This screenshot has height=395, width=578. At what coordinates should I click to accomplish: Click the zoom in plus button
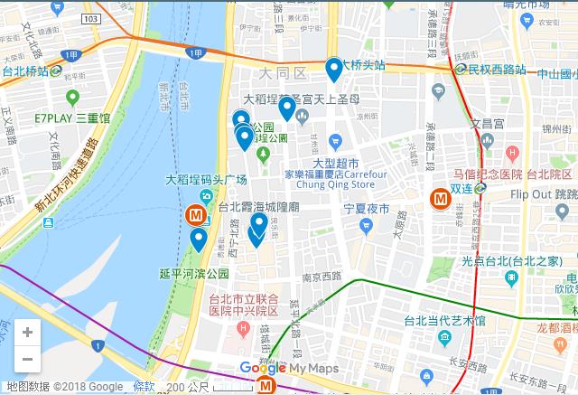(27, 333)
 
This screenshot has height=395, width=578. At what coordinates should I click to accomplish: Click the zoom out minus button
(27, 359)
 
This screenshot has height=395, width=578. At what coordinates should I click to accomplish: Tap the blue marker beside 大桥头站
(334, 69)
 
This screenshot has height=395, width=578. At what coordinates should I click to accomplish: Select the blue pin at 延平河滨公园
(198, 240)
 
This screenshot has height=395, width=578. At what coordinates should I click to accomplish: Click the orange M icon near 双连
(442, 196)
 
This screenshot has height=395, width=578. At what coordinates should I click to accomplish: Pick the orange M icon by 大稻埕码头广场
(194, 216)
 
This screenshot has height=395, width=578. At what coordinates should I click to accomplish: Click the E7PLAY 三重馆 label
(71, 118)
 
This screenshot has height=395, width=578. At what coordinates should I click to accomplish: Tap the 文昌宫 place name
(486, 123)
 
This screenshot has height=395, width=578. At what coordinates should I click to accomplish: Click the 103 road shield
(89, 18)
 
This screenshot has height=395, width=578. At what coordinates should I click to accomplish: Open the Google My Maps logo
(289, 368)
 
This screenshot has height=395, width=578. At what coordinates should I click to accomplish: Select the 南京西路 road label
(321, 275)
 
